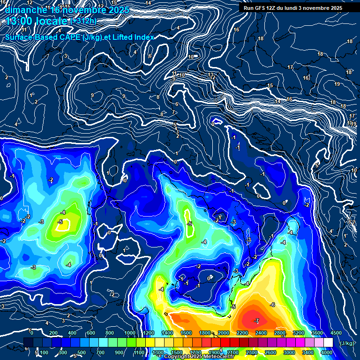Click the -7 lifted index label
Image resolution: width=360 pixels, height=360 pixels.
click(256, 321)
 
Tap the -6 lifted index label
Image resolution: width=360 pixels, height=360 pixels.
click(272, 305)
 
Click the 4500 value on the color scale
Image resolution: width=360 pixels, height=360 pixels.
click(336, 333)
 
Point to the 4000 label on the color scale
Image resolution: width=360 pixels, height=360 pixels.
click(327, 352)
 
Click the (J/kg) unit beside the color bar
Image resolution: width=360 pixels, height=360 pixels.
click(346, 343)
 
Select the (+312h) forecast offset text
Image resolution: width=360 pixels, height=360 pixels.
click(84, 21)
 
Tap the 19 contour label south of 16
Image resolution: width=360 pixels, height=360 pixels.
click(337, 84)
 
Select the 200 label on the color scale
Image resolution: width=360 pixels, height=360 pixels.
click(53, 333)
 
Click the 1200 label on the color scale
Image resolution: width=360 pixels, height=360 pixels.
click(148, 333)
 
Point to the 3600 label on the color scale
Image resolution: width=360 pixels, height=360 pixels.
click(317, 333)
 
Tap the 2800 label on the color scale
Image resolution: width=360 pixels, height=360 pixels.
click(279, 333)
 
